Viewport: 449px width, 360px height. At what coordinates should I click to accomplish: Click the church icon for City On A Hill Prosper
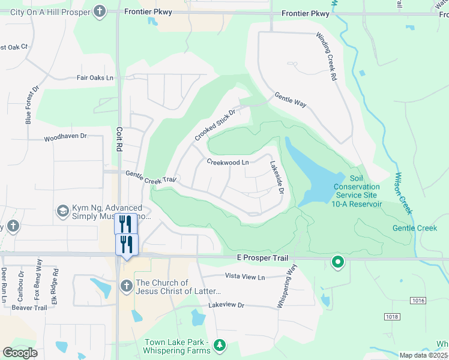coord(100,11)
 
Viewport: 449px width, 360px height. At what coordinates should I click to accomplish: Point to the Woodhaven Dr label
coord(65,137)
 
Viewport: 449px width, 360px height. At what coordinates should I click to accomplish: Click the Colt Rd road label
coord(119,138)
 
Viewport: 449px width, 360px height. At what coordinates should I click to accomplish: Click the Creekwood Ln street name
coord(228,163)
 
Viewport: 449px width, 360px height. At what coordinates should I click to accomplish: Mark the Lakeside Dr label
coord(276,177)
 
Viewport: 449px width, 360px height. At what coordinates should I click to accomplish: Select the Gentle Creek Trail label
coord(151,176)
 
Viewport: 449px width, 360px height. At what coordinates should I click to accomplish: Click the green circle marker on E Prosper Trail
coord(338,262)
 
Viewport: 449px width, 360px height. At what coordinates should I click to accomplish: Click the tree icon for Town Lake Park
coord(220,345)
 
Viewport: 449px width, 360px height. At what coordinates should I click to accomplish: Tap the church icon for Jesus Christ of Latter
coord(126,286)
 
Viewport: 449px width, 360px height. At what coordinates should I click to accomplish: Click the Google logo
coord(20,353)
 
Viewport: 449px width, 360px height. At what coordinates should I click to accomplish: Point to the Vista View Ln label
coord(244,277)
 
